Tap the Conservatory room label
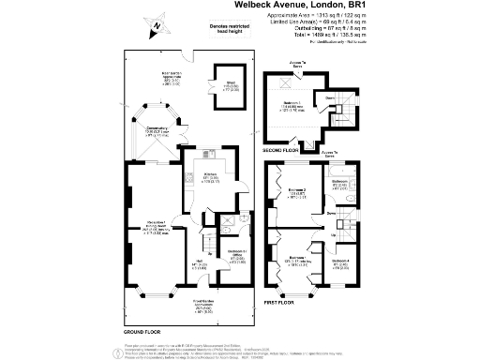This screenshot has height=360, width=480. pyautogui.click(x=158, y=133)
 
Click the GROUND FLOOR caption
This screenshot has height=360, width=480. pyautogui.click(x=144, y=332)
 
